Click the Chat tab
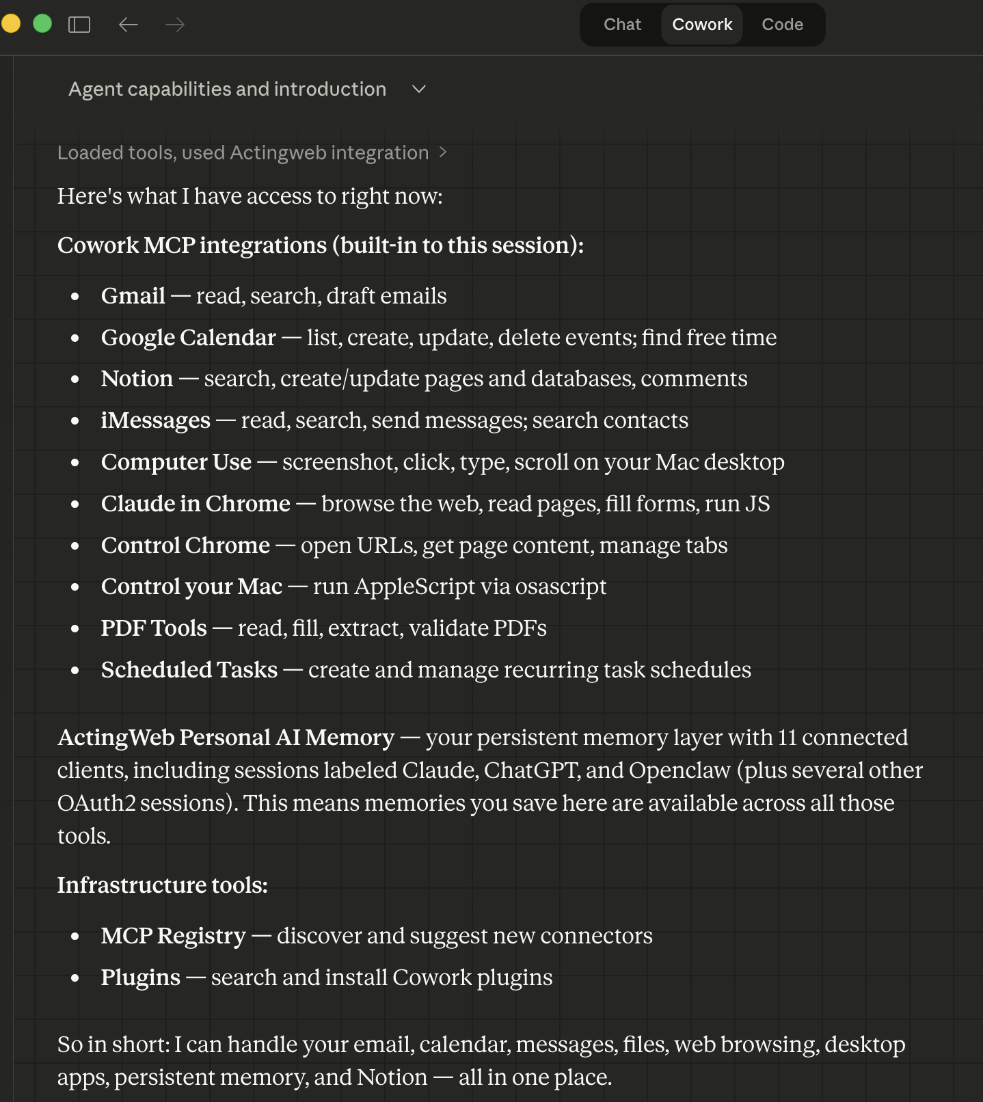(x=622, y=25)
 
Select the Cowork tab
(x=702, y=25)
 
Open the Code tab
(x=782, y=25)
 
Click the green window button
(x=42, y=24)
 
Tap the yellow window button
(x=11, y=24)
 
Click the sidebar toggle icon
(x=79, y=25)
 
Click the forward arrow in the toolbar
(x=175, y=25)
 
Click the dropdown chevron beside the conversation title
(x=419, y=89)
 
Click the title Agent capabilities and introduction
(x=227, y=89)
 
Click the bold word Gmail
(x=133, y=296)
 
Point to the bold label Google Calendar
(x=188, y=338)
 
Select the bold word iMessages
(x=155, y=420)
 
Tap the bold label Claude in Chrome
(x=196, y=504)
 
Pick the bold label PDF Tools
(x=154, y=628)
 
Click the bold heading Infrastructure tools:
(x=162, y=885)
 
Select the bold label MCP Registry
(x=173, y=936)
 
